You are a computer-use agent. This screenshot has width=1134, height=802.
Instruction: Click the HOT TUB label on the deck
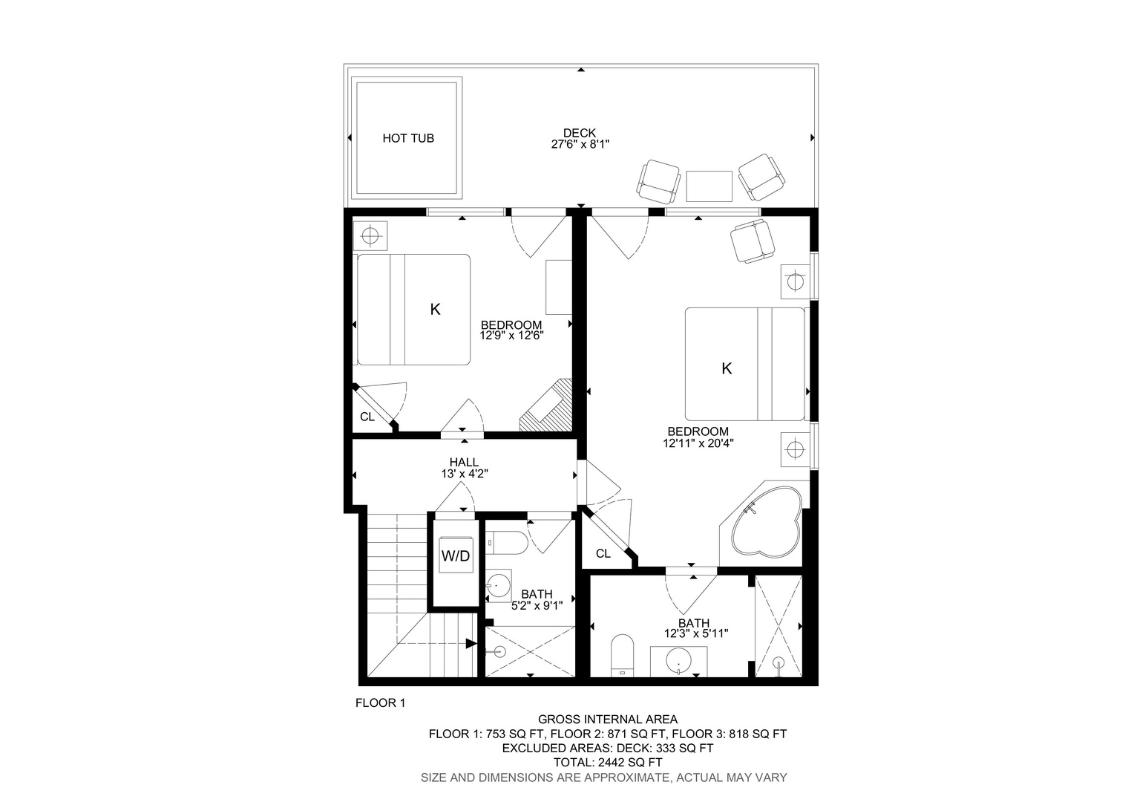pyautogui.click(x=408, y=138)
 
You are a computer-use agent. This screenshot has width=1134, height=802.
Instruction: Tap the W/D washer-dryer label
pyautogui.click(x=456, y=555)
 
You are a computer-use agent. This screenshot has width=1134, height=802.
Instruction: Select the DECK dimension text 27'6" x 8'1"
pyautogui.click(x=580, y=144)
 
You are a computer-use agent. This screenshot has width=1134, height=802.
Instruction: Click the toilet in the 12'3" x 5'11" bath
pyautogui.click(x=622, y=655)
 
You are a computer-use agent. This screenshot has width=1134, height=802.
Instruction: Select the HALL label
pyautogui.click(x=464, y=462)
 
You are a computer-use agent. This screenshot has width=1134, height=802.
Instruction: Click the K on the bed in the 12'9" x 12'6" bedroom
pyautogui.click(x=435, y=310)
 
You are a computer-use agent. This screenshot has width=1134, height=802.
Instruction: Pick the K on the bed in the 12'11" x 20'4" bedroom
pyautogui.click(x=727, y=368)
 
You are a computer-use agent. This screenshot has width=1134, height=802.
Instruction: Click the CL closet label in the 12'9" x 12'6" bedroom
pyautogui.click(x=367, y=417)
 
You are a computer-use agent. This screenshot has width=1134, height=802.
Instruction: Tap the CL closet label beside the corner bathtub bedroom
pyautogui.click(x=603, y=554)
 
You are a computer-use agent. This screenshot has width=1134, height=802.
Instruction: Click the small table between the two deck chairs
pyautogui.click(x=709, y=186)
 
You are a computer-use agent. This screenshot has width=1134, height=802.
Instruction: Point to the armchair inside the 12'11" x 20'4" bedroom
pyautogui.click(x=753, y=241)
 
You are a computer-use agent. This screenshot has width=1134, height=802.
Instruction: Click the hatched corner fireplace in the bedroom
pyautogui.click(x=546, y=405)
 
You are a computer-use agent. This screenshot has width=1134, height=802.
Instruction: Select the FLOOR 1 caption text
pyautogui.click(x=380, y=702)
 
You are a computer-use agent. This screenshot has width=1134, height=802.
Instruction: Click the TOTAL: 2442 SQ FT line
pyautogui.click(x=608, y=762)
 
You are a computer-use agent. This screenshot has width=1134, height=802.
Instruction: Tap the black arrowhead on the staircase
pyautogui.click(x=471, y=643)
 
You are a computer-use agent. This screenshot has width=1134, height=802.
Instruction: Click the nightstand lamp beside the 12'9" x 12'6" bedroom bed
pyautogui.click(x=370, y=236)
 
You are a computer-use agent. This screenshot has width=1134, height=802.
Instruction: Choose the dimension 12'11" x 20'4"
pyautogui.click(x=698, y=443)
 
